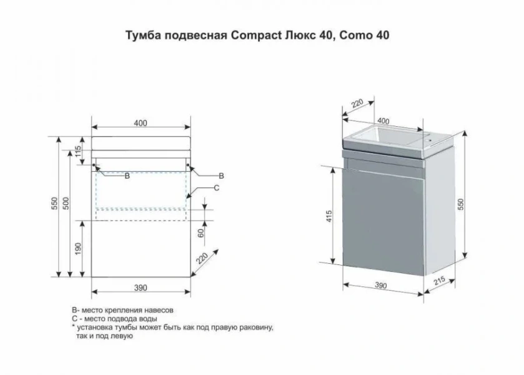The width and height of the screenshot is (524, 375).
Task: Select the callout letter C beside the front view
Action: (x=216, y=187)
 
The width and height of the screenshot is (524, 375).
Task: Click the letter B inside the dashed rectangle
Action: (x=127, y=177)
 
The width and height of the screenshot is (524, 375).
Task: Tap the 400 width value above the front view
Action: (x=141, y=122)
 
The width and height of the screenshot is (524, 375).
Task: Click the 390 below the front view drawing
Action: (x=141, y=287)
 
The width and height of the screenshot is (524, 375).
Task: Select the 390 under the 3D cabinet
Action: (x=380, y=286)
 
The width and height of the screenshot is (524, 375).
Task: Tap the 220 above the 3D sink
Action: (x=357, y=104)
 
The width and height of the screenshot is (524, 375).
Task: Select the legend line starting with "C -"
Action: (x=114, y=319)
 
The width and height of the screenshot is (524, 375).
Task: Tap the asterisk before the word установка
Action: (x=74, y=326)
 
